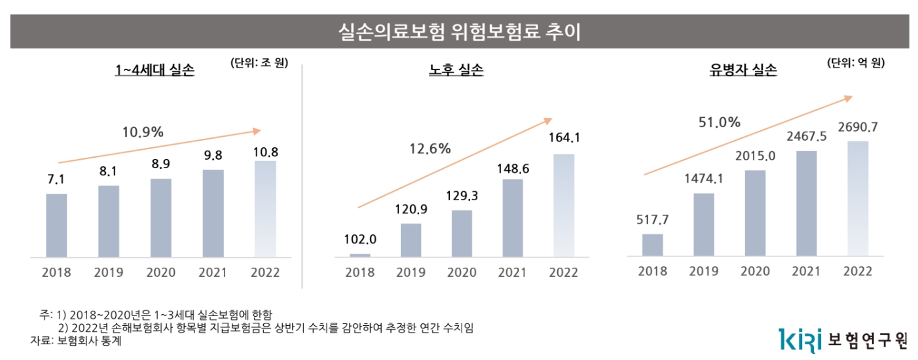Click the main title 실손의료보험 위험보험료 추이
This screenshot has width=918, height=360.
coord(458,31)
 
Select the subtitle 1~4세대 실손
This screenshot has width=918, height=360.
coord(155,71)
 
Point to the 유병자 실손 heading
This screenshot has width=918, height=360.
coord(743,71)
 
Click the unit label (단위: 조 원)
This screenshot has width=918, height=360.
coord(259,63)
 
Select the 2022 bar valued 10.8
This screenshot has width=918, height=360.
coord(266,209)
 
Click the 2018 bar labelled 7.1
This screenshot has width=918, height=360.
coord(56,225)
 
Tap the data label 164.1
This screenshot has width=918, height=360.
coord(564,138)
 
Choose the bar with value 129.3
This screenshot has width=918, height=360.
coord(462,234)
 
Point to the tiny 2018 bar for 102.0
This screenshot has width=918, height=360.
coord(359,255)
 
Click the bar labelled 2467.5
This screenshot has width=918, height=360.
coord(806,204)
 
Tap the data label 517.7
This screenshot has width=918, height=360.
coord(653,219)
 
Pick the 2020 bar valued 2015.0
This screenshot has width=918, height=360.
coord(755,213)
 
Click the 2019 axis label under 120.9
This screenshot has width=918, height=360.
coord(411,272)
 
